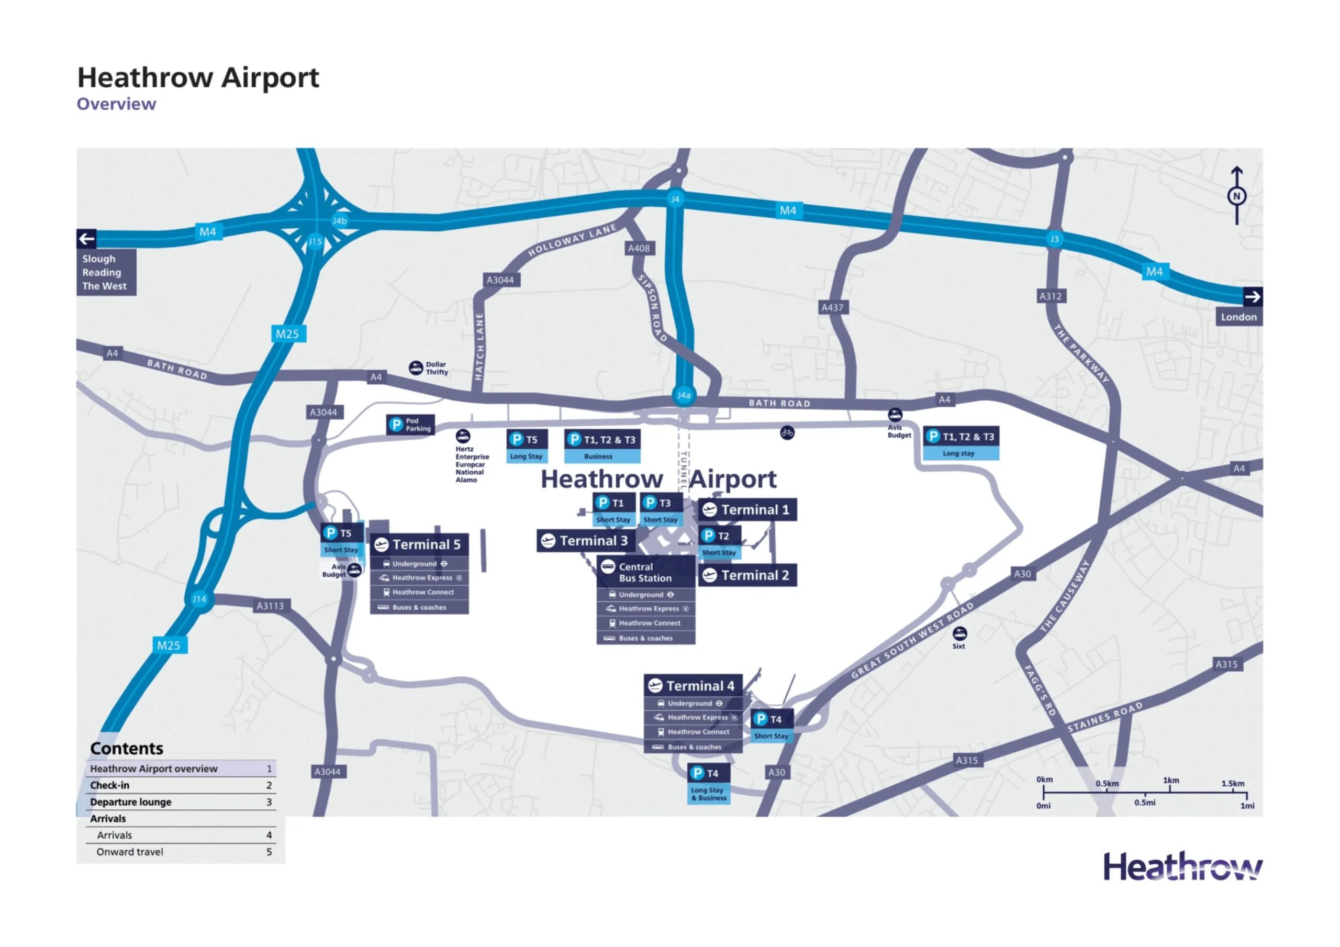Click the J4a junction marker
684,395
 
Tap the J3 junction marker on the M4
1054,239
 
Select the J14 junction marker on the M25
199,599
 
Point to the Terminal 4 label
693,685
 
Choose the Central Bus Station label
645,572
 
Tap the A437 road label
832,308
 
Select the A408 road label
639,248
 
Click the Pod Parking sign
411,425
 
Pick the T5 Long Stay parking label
527,446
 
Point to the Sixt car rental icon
959,633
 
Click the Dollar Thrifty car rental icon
416,368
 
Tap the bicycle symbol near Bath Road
787,432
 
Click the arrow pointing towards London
1253,297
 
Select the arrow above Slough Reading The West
87,238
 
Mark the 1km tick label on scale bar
1171,780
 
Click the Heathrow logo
1182,867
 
